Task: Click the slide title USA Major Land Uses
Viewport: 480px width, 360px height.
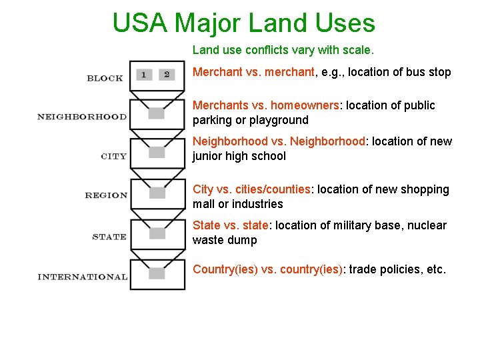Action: (243, 23)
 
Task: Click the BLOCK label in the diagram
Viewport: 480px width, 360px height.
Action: (105, 78)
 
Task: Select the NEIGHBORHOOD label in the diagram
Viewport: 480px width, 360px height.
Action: (81, 117)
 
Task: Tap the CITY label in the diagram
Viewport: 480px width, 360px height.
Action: (113, 156)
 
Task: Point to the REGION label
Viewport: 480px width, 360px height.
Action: (106, 195)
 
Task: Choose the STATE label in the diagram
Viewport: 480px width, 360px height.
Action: (109, 236)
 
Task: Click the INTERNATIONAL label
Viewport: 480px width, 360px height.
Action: (83, 277)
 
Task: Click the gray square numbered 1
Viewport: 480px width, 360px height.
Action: (144, 75)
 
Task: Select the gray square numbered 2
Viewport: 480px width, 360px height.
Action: (167, 75)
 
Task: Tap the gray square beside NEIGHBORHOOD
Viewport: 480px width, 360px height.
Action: (157, 113)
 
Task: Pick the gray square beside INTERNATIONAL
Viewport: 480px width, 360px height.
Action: (157, 273)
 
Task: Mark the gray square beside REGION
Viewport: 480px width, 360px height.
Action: (157, 193)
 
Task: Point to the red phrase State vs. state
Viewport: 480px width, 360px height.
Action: (230, 225)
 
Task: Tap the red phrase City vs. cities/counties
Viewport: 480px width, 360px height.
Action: (251, 189)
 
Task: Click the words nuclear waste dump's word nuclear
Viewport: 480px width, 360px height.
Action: (427, 225)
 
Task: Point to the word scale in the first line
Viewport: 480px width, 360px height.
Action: (360, 49)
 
